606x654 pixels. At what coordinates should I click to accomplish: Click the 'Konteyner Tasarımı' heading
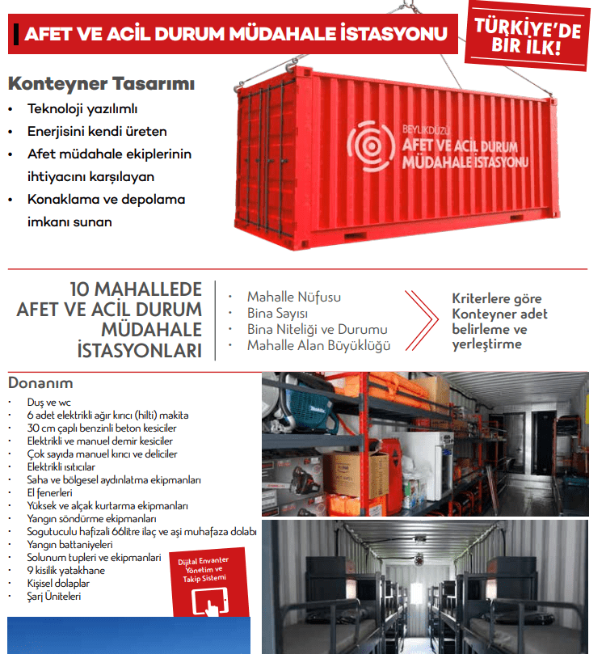click(x=101, y=84)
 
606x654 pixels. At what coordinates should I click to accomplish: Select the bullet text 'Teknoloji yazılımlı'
click(x=83, y=108)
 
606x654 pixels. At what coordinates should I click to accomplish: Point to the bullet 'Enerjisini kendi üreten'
click(x=97, y=131)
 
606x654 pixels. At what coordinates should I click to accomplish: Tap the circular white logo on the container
click(x=372, y=144)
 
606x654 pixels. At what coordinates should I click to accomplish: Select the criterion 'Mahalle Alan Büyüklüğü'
click(x=318, y=346)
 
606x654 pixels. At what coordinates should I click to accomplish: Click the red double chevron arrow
click(x=422, y=321)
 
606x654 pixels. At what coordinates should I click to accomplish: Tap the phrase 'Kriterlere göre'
click(x=496, y=298)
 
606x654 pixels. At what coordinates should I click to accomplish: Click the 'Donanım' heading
click(x=40, y=383)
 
